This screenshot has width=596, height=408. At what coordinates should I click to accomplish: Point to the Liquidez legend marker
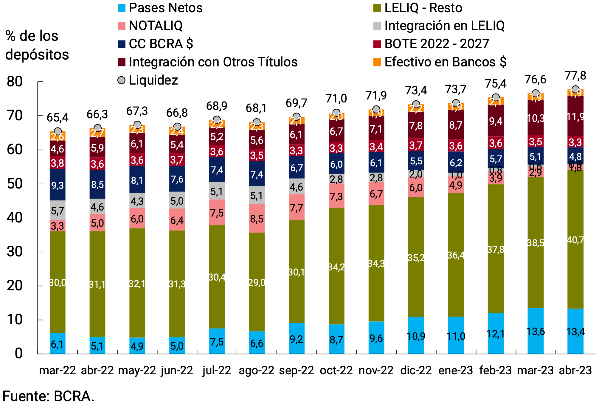click(x=121, y=80)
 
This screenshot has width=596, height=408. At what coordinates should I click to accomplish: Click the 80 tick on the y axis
click(x=15, y=82)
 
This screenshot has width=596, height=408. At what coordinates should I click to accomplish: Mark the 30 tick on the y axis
click(x=15, y=252)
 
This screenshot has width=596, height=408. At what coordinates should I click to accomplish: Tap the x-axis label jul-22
click(x=217, y=370)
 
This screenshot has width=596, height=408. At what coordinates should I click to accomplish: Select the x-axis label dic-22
click(x=416, y=370)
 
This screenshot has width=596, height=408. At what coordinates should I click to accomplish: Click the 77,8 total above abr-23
click(x=575, y=76)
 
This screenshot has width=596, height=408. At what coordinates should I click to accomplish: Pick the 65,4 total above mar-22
click(x=58, y=118)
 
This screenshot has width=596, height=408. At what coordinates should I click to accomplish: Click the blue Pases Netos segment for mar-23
click(x=536, y=331)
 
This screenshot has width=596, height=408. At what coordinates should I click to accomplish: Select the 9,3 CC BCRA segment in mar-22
click(x=58, y=185)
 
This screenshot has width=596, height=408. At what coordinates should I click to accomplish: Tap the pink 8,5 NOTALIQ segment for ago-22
click(x=257, y=219)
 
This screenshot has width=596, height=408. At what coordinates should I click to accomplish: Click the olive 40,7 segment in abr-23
click(x=575, y=240)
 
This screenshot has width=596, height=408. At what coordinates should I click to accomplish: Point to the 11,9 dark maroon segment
click(x=575, y=116)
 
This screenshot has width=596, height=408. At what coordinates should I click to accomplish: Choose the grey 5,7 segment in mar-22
click(x=58, y=211)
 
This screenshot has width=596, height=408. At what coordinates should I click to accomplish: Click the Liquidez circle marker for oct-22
click(x=336, y=113)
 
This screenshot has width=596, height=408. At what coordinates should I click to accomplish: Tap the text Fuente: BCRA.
click(x=48, y=396)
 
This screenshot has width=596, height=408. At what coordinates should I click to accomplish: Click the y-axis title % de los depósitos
click(x=37, y=45)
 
